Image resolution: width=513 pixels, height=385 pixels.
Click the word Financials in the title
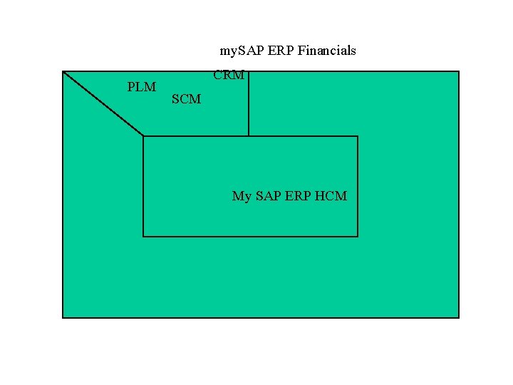click(x=327, y=51)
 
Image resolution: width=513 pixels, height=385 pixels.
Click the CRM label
click(x=229, y=75)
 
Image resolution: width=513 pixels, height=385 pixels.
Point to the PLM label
click(x=141, y=87)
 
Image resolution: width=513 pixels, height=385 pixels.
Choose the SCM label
click(x=186, y=99)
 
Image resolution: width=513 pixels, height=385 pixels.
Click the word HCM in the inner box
click(x=331, y=195)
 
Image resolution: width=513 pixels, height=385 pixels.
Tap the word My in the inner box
click(x=242, y=196)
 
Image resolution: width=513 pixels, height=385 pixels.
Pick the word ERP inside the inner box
click(x=299, y=195)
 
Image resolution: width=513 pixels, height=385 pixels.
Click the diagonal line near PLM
click(x=103, y=103)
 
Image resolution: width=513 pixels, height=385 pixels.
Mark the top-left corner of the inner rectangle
click(x=143, y=136)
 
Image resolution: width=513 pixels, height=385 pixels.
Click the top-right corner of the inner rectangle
click(x=358, y=136)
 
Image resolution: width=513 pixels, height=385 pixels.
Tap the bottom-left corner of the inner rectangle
click(x=143, y=236)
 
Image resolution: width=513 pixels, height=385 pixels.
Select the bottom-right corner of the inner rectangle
click(x=358, y=236)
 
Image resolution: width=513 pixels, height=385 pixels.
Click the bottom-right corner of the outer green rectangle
click(x=459, y=317)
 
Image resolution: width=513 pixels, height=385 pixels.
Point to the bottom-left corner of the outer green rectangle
click(x=63, y=317)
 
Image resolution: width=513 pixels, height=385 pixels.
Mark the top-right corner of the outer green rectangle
click(x=459, y=71)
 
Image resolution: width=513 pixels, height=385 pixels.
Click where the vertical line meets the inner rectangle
click(x=249, y=136)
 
